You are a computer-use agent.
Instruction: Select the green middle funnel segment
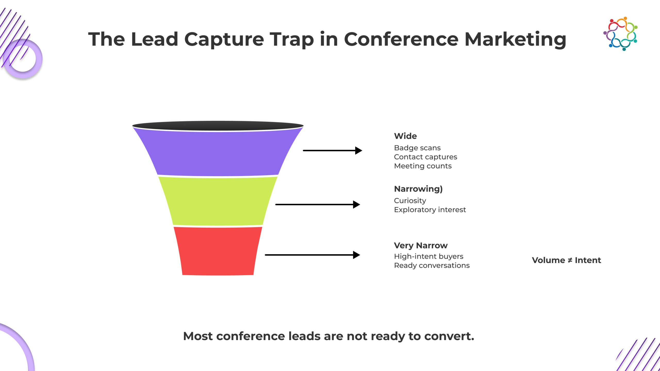(x=218, y=201)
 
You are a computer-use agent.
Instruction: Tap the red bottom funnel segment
(x=218, y=251)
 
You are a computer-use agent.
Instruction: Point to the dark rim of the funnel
(x=218, y=126)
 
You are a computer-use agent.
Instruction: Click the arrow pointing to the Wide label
(x=333, y=150)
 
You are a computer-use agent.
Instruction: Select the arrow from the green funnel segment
(x=318, y=205)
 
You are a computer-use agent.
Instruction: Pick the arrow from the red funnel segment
(x=312, y=255)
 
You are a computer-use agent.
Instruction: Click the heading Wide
(x=405, y=136)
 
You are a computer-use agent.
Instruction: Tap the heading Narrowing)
(x=418, y=189)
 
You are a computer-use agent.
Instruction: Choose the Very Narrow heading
(x=421, y=246)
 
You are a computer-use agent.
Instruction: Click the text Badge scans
(x=417, y=148)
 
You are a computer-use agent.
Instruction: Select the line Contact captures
(x=425, y=157)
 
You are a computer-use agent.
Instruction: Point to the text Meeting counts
(x=423, y=166)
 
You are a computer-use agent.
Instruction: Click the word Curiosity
(x=410, y=201)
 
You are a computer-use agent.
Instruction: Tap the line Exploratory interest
(x=430, y=210)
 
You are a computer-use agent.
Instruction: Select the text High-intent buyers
(x=428, y=256)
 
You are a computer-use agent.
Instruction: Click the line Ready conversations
(x=432, y=265)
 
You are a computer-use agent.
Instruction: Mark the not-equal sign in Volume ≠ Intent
(x=570, y=260)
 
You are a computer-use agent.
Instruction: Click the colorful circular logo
(x=620, y=34)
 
